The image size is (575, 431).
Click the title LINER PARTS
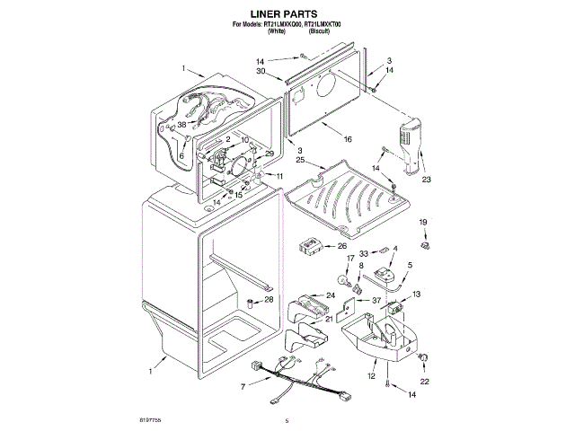click(x=287, y=14)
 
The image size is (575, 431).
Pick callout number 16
click(x=348, y=139)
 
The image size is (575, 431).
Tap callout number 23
click(x=427, y=180)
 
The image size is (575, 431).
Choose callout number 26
click(x=342, y=246)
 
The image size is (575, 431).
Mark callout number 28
click(x=268, y=300)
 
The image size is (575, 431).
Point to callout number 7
click(x=243, y=386)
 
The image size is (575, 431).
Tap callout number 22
click(x=425, y=381)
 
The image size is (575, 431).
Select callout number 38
click(x=181, y=125)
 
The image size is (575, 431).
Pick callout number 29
click(x=269, y=154)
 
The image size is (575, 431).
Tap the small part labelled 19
click(x=425, y=242)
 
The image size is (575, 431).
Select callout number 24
click(x=330, y=295)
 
